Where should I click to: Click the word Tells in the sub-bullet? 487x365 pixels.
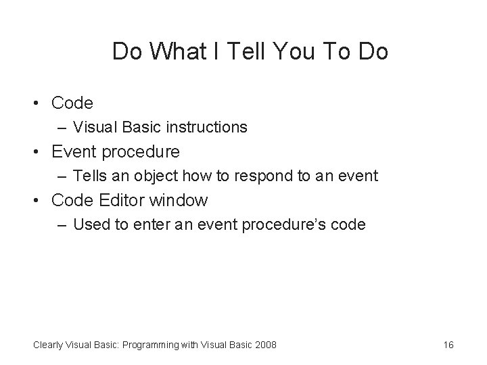90,176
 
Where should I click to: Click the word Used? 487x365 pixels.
90,225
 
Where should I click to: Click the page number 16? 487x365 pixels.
448,345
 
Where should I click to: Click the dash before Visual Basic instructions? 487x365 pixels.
62,127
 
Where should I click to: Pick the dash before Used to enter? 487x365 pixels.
62,225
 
